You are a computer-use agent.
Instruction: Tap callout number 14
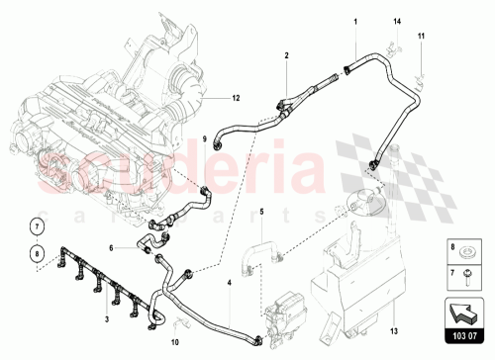[x=398, y=21]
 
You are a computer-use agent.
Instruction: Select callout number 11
[x=420, y=37]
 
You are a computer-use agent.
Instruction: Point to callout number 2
[x=285, y=58]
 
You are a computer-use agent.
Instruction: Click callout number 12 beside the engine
[x=237, y=98]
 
